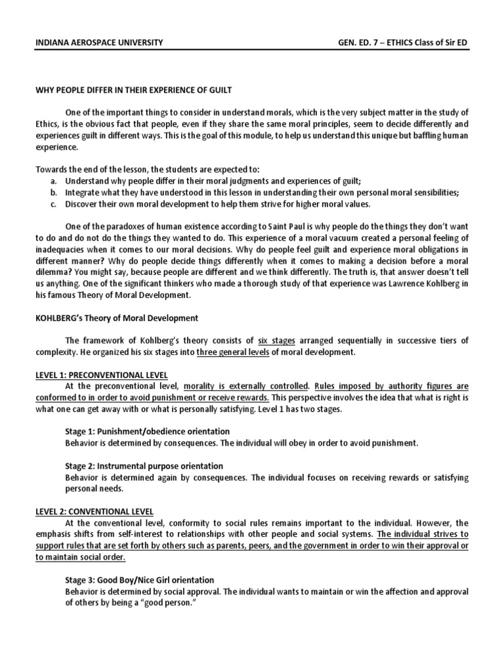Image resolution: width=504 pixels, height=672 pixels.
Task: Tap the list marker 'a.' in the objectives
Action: coord(53,180)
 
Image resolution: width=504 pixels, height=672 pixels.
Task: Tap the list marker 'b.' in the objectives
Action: coord(53,192)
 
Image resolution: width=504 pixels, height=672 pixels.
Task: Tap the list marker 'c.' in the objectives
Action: coord(53,203)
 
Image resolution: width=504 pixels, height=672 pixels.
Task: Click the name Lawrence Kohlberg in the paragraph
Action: coord(420,283)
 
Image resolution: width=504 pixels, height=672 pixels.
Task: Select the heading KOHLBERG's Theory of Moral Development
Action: coord(116,318)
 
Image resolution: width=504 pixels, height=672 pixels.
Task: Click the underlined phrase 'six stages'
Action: coord(276,341)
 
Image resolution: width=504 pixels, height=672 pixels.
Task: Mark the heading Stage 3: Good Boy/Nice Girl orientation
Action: coord(140,579)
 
